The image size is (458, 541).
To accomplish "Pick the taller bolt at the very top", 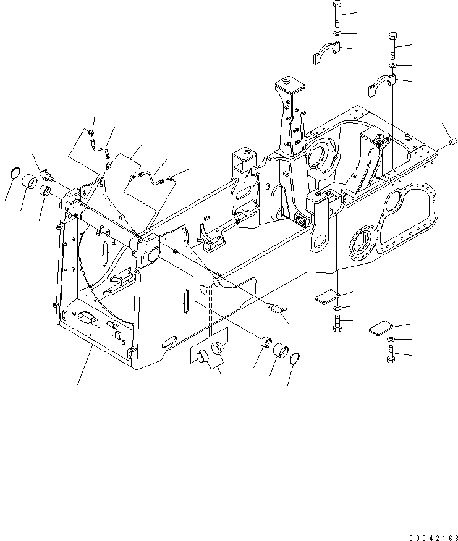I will coord(337,12).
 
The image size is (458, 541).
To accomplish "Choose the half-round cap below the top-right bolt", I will coord(381,83).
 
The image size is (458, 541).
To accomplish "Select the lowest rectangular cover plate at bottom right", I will coord(380,327).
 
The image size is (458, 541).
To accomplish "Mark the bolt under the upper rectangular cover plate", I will coord(337,322).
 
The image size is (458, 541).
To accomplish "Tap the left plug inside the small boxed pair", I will coord(202,357).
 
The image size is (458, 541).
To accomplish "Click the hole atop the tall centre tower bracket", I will coord(287,82).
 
